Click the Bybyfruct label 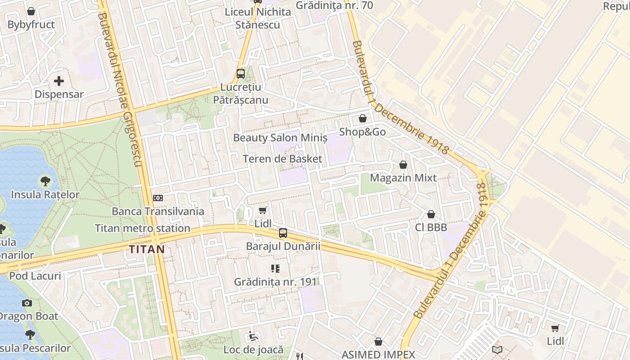pos(31,25)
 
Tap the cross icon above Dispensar pos(59,81)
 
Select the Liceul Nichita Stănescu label pos(258,18)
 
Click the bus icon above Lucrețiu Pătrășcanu pos(241,74)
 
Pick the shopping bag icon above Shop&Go pos(363,119)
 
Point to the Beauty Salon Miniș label pos(280,138)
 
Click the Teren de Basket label pos(283,159)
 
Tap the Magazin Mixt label pos(403,178)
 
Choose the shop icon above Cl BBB pos(431,214)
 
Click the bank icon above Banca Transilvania pos(158,198)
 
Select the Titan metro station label pos(143,228)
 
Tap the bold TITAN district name pos(147,249)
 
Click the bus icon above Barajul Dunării pos(283,233)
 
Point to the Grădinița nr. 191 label pos(275,282)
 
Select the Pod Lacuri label pos(35,276)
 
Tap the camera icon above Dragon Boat pos(27,303)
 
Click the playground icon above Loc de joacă pos(253,336)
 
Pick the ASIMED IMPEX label pos(378,355)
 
